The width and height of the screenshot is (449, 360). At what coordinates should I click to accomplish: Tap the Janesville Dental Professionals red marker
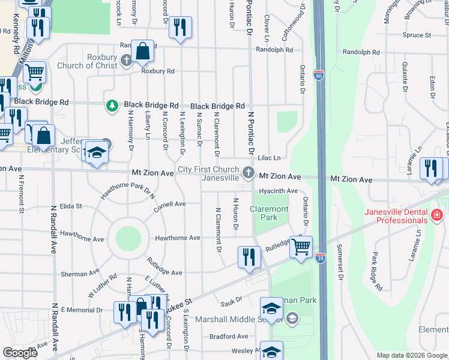436,214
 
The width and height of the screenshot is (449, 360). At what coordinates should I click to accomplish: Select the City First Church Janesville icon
248,173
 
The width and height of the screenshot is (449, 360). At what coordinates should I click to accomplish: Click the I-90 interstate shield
318,75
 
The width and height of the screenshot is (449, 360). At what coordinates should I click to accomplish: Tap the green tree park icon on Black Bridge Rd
112,106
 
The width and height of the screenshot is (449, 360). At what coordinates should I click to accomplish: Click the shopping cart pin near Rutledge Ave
301,245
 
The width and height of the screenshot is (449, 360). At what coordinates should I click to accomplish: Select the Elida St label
70,206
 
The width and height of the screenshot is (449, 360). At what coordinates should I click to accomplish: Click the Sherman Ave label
79,274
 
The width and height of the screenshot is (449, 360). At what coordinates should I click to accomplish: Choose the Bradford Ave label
229,337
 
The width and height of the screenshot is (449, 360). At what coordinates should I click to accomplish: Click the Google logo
20,353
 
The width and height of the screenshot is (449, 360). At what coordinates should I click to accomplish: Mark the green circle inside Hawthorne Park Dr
128,238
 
